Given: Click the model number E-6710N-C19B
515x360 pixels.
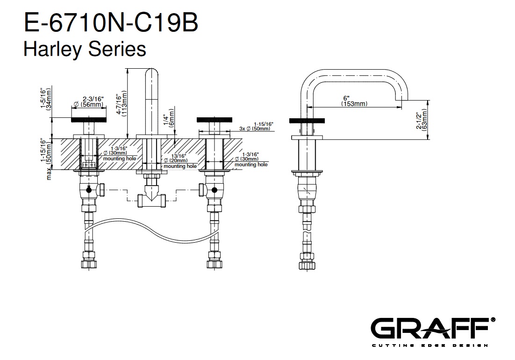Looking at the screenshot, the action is click(x=111, y=22).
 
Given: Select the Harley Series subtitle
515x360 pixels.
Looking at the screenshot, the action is click(x=85, y=49).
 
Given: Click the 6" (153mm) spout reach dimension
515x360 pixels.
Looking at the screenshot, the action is click(x=354, y=101).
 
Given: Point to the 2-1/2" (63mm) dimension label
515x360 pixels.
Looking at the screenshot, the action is click(x=422, y=120).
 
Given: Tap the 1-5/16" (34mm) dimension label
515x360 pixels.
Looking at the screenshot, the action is click(x=46, y=99).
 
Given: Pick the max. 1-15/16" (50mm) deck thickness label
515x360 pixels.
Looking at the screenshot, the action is click(x=46, y=159).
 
